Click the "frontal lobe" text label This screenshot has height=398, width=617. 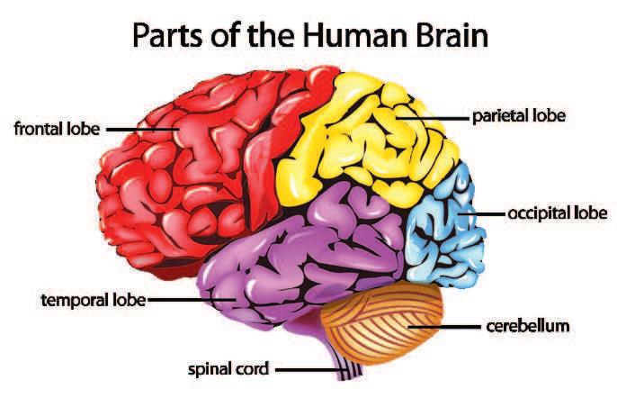pyautogui.click(x=56, y=127)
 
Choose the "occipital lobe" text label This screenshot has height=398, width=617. pyautogui.click(x=557, y=214)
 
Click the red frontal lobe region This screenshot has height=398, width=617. pyautogui.click(x=180, y=171)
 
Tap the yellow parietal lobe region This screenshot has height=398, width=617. pyautogui.click(x=360, y=135)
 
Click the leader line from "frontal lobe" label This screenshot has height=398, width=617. pyautogui.click(x=144, y=128)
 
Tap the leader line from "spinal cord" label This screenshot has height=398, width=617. pyautogui.click(x=306, y=368)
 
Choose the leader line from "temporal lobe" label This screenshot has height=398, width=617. pyautogui.click(x=189, y=299)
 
